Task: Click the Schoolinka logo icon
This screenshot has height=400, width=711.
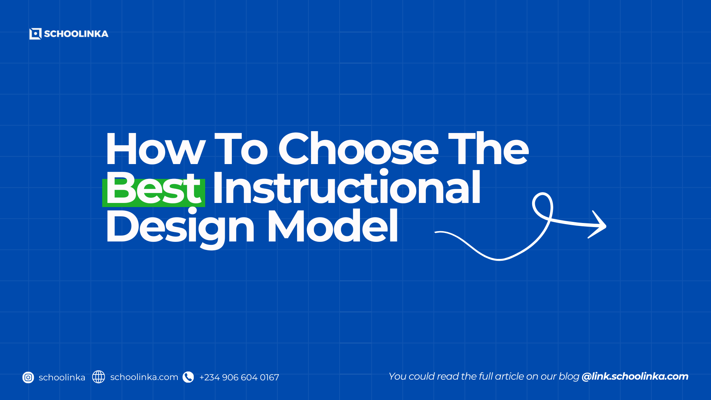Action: [35, 34]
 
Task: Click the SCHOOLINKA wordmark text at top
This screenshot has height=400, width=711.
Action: [76, 34]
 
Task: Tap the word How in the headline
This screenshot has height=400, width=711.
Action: [155, 149]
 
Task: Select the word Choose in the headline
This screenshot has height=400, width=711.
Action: [358, 149]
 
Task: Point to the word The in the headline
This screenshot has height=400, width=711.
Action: [488, 149]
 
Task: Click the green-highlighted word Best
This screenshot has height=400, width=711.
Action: [153, 188]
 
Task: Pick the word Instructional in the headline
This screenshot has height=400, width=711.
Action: [347, 187]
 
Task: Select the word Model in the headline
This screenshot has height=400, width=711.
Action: [333, 226]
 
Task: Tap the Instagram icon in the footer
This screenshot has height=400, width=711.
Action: [28, 377]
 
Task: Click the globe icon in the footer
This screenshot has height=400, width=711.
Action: [99, 377]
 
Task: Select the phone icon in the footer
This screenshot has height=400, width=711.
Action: [188, 377]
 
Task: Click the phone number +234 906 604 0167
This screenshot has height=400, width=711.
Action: [239, 377]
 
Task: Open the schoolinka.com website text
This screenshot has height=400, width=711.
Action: [144, 377]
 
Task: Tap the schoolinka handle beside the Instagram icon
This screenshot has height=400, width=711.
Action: [62, 377]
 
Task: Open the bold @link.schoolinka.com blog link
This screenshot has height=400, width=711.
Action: [635, 377]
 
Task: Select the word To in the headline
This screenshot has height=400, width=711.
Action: [241, 149]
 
